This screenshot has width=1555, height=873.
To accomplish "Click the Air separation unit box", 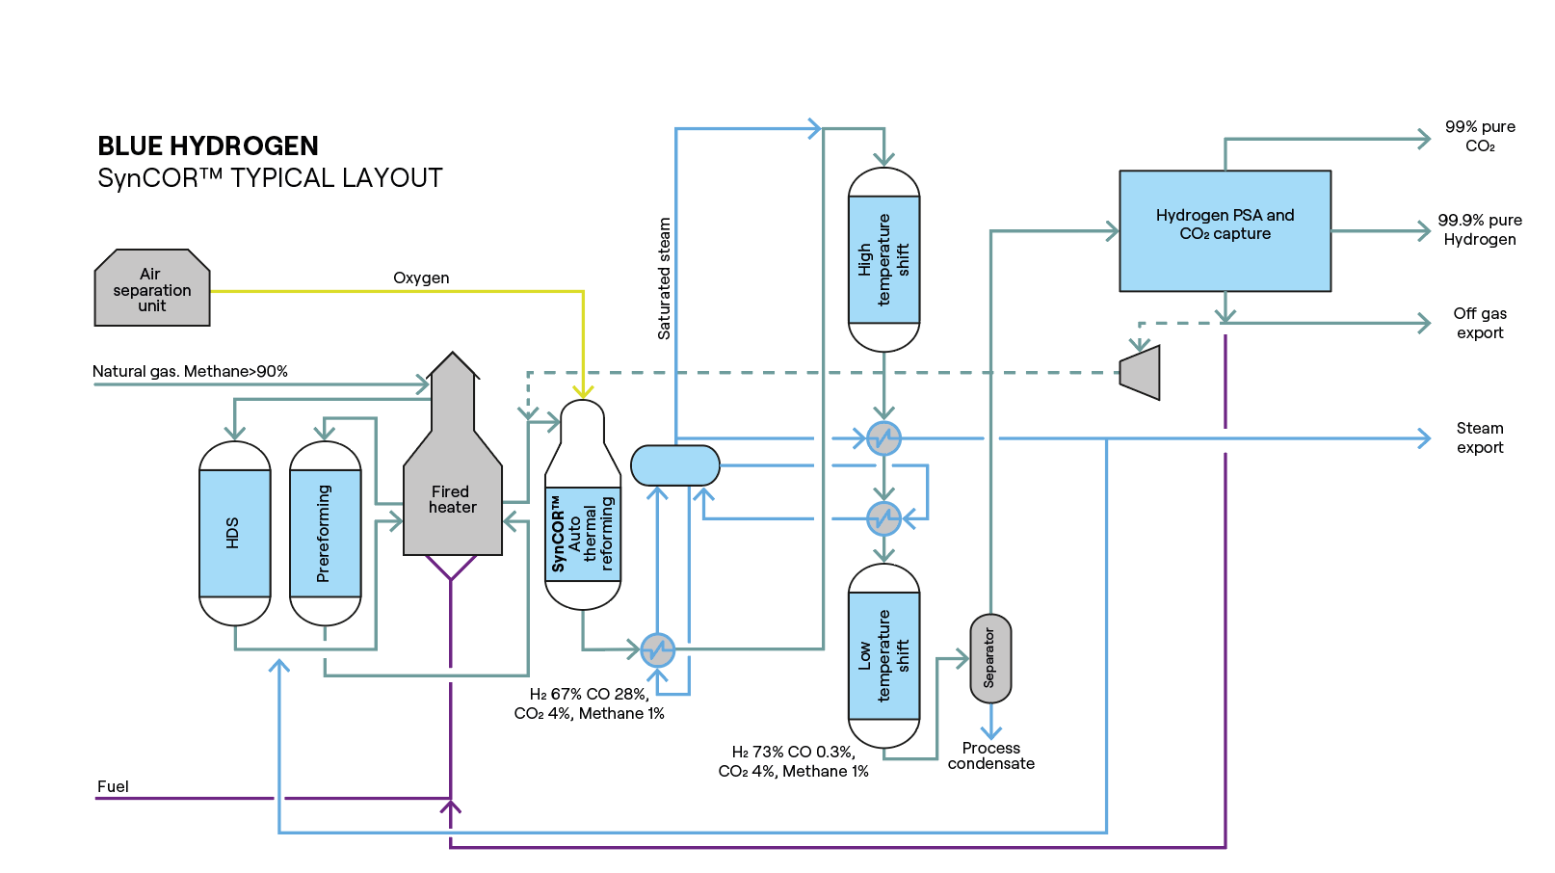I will click(x=152, y=289).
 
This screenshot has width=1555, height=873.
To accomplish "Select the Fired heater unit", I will click(x=452, y=499).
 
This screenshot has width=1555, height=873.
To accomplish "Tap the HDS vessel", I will click(x=234, y=533).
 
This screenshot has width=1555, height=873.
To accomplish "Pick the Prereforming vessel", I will click(x=325, y=533).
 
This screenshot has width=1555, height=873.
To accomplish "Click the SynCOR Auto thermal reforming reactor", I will click(x=582, y=533).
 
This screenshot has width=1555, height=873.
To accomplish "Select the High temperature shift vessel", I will click(x=883, y=259).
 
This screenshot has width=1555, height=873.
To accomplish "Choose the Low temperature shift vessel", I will click(x=883, y=655).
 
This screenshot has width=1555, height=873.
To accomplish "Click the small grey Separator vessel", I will click(x=989, y=658).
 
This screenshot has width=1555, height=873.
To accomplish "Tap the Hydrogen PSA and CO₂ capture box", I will click(x=1225, y=230).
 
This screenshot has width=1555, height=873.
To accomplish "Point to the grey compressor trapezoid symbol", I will click(x=1141, y=372).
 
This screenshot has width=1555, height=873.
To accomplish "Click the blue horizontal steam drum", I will click(x=674, y=465).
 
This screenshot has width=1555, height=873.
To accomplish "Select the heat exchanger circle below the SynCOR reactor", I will click(x=657, y=649).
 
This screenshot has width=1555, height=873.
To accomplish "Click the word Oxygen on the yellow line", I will click(x=421, y=278).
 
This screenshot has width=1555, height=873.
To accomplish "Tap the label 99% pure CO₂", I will click(x=1479, y=136).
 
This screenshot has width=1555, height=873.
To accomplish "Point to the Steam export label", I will click(x=1479, y=437).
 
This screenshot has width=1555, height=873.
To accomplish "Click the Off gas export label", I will click(x=1479, y=323).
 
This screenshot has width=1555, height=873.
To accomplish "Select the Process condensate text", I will click(x=990, y=755).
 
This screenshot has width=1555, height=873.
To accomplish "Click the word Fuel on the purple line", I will click(x=113, y=786).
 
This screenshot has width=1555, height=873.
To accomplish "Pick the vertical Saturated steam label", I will click(x=664, y=278).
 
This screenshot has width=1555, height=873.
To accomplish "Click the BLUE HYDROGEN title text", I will click(x=208, y=145).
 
